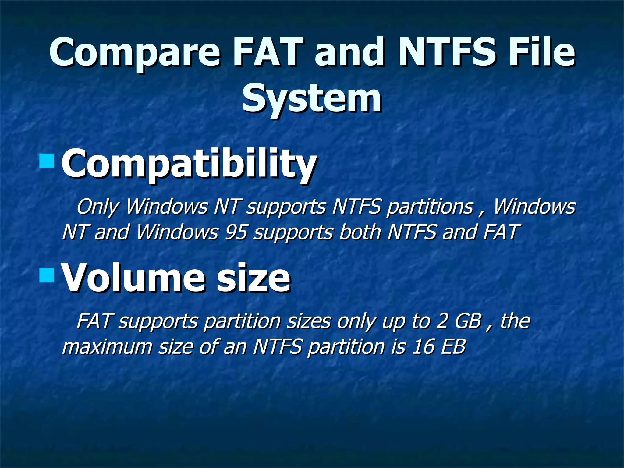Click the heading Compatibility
[189, 165]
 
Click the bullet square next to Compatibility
[47, 161]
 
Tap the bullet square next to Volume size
[47, 275]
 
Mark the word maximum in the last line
[107, 347]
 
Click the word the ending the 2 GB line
[515, 321]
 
